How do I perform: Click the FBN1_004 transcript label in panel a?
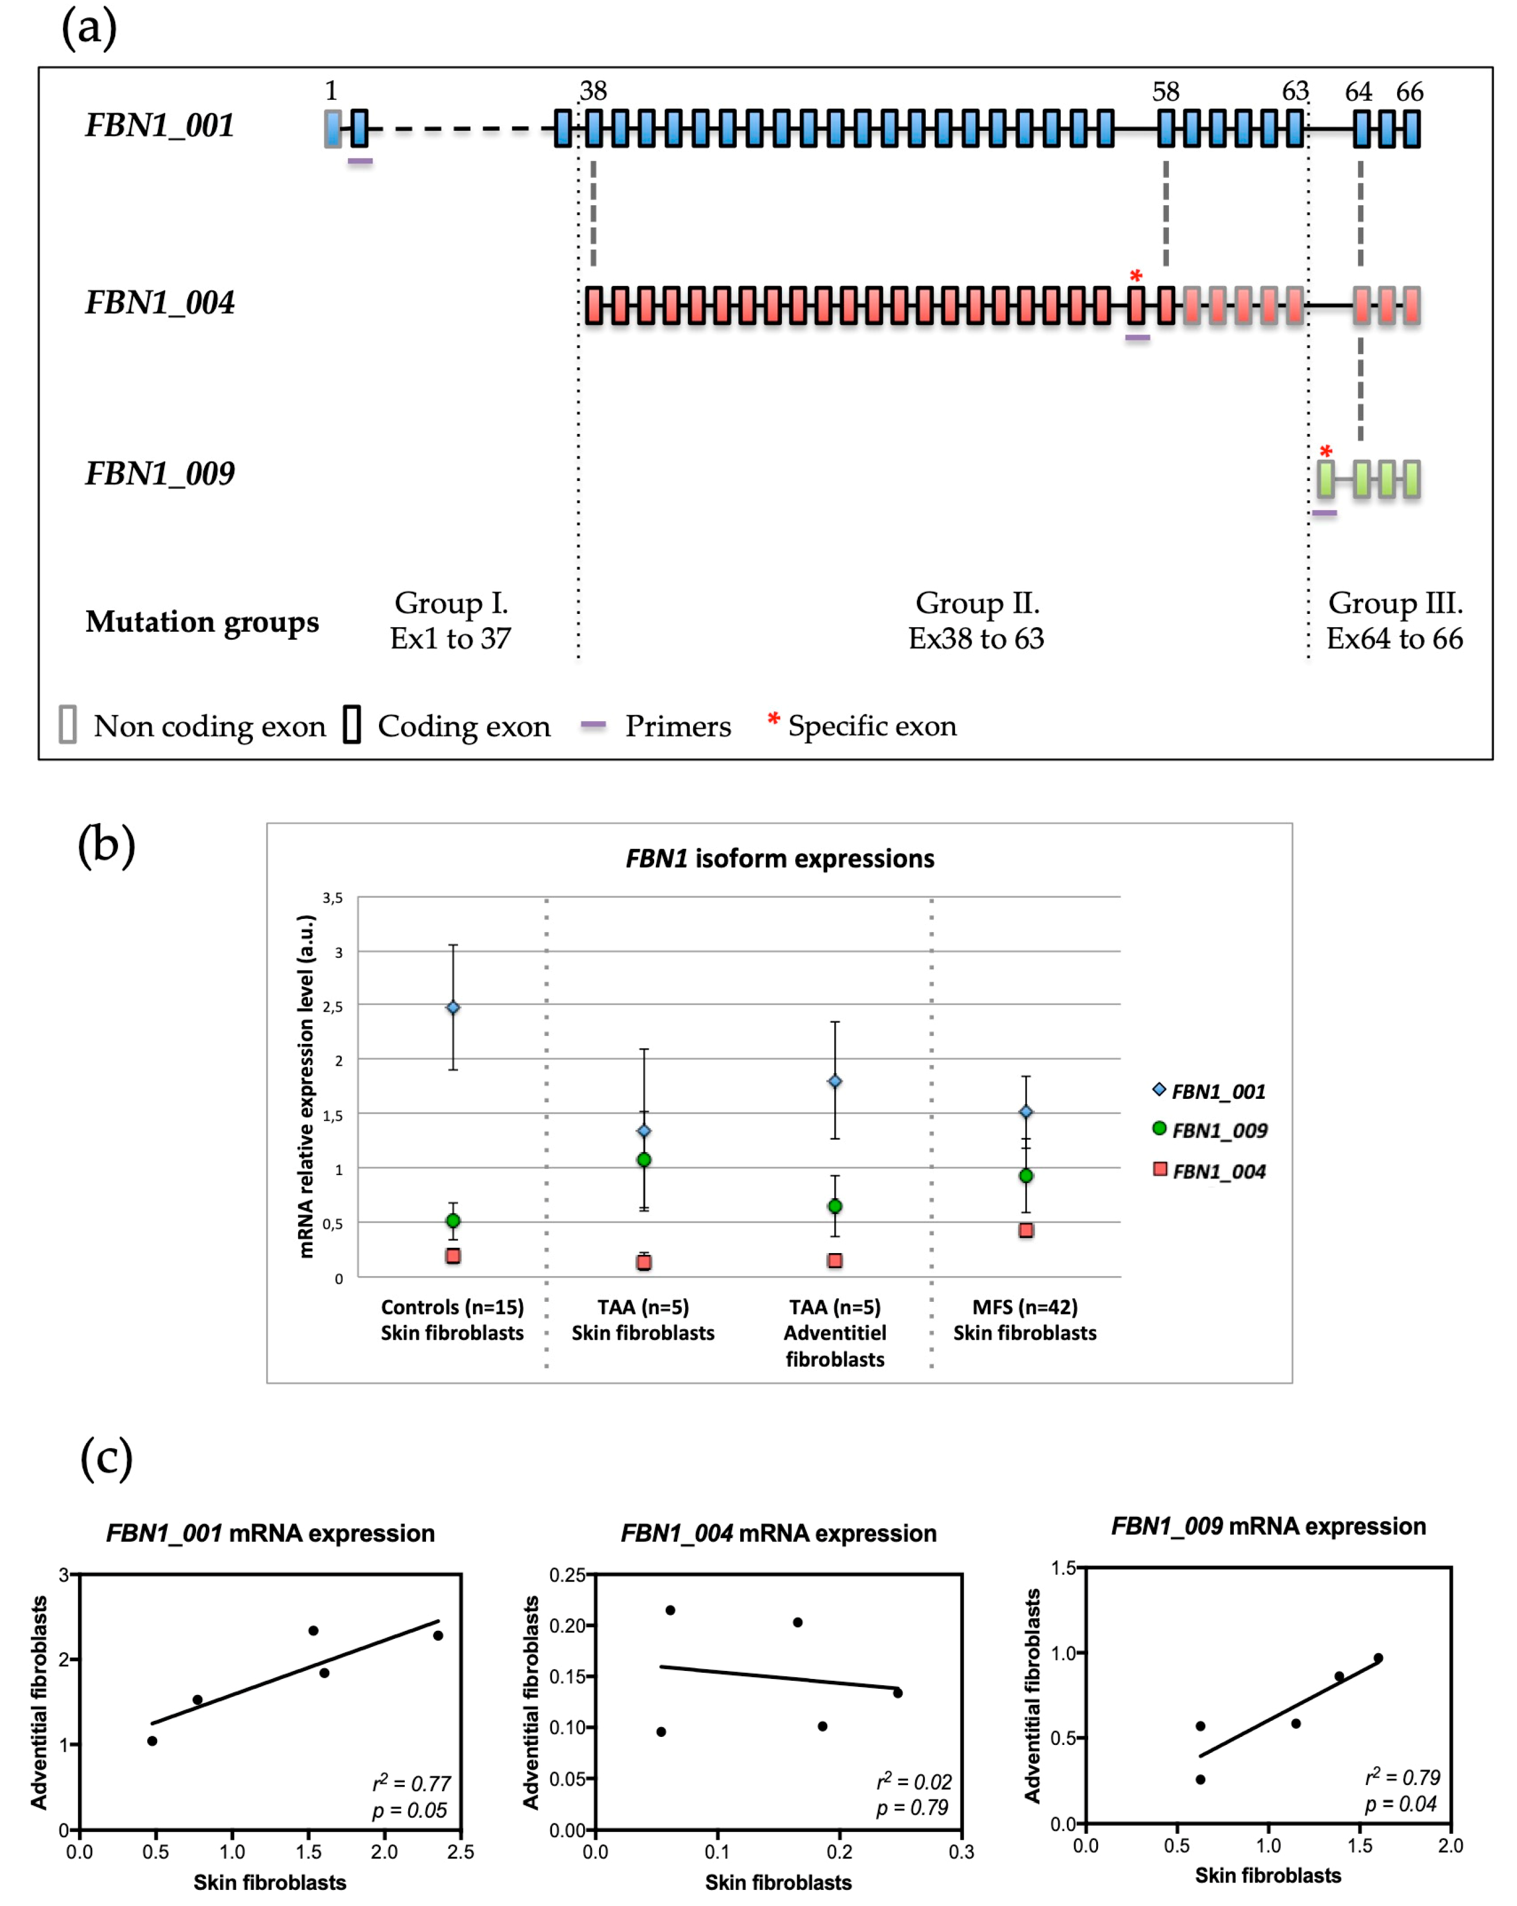click(160, 302)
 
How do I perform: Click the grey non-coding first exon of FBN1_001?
click(333, 129)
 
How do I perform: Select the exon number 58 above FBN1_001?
click(1165, 92)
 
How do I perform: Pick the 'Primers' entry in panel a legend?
click(677, 726)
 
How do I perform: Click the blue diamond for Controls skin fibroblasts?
click(452, 1008)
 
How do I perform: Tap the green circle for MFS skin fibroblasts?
click(1026, 1176)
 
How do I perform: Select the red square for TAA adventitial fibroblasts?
click(835, 1261)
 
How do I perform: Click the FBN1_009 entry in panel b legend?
click(1218, 1130)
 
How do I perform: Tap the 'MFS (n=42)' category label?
click(1025, 1306)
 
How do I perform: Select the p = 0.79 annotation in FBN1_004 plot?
click(912, 1808)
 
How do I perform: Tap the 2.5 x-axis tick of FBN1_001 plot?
click(460, 1851)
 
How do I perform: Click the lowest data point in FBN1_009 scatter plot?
click(1199, 1779)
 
